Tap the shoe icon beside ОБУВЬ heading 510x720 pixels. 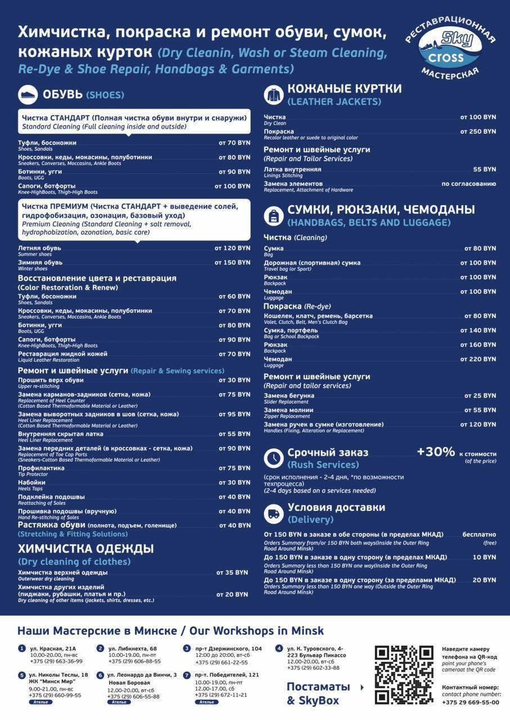[28, 95]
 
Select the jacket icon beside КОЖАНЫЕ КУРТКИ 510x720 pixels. [274, 95]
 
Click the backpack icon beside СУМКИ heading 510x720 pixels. [274, 216]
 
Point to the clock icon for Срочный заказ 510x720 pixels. [274, 458]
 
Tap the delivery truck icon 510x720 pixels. [274, 513]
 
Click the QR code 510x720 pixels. [404, 674]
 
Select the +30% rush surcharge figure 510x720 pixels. [436, 452]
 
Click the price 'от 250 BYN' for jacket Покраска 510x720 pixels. [478, 132]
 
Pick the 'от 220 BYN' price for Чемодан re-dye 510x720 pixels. [478, 359]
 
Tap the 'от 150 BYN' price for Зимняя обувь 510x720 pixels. [232, 263]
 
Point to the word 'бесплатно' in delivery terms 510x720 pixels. [479, 534]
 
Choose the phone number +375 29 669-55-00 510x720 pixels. [471, 702]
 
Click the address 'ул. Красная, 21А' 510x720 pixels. [53, 649]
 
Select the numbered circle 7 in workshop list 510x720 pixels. [187, 675]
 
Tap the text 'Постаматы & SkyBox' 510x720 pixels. [318, 694]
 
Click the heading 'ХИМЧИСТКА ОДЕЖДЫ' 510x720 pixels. [85, 549]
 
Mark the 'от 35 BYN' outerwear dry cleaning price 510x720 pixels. [232, 573]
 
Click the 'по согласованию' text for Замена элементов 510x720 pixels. [468, 184]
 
